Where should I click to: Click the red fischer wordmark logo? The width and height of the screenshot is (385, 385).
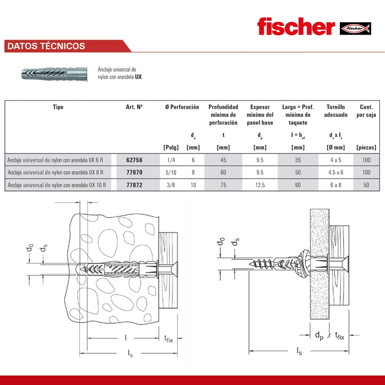pyautogui.click(x=295, y=27)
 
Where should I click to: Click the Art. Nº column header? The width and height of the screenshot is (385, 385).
pyautogui.click(x=134, y=107)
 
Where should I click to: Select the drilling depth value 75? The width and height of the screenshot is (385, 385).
pyautogui.click(x=223, y=184)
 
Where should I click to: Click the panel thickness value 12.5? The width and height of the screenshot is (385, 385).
pyautogui.click(x=260, y=184)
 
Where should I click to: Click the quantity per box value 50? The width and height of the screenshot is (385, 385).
pyautogui.click(x=367, y=184)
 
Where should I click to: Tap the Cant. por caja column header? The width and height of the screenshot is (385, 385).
pyautogui.click(x=367, y=111)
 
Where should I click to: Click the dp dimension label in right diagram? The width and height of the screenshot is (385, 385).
pyautogui.click(x=319, y=335)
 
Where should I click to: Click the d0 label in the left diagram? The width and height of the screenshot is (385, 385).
pyautogui.click(x=30, y=248)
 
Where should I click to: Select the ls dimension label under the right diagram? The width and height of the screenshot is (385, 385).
pyautogui.click(x=299, y=351)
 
